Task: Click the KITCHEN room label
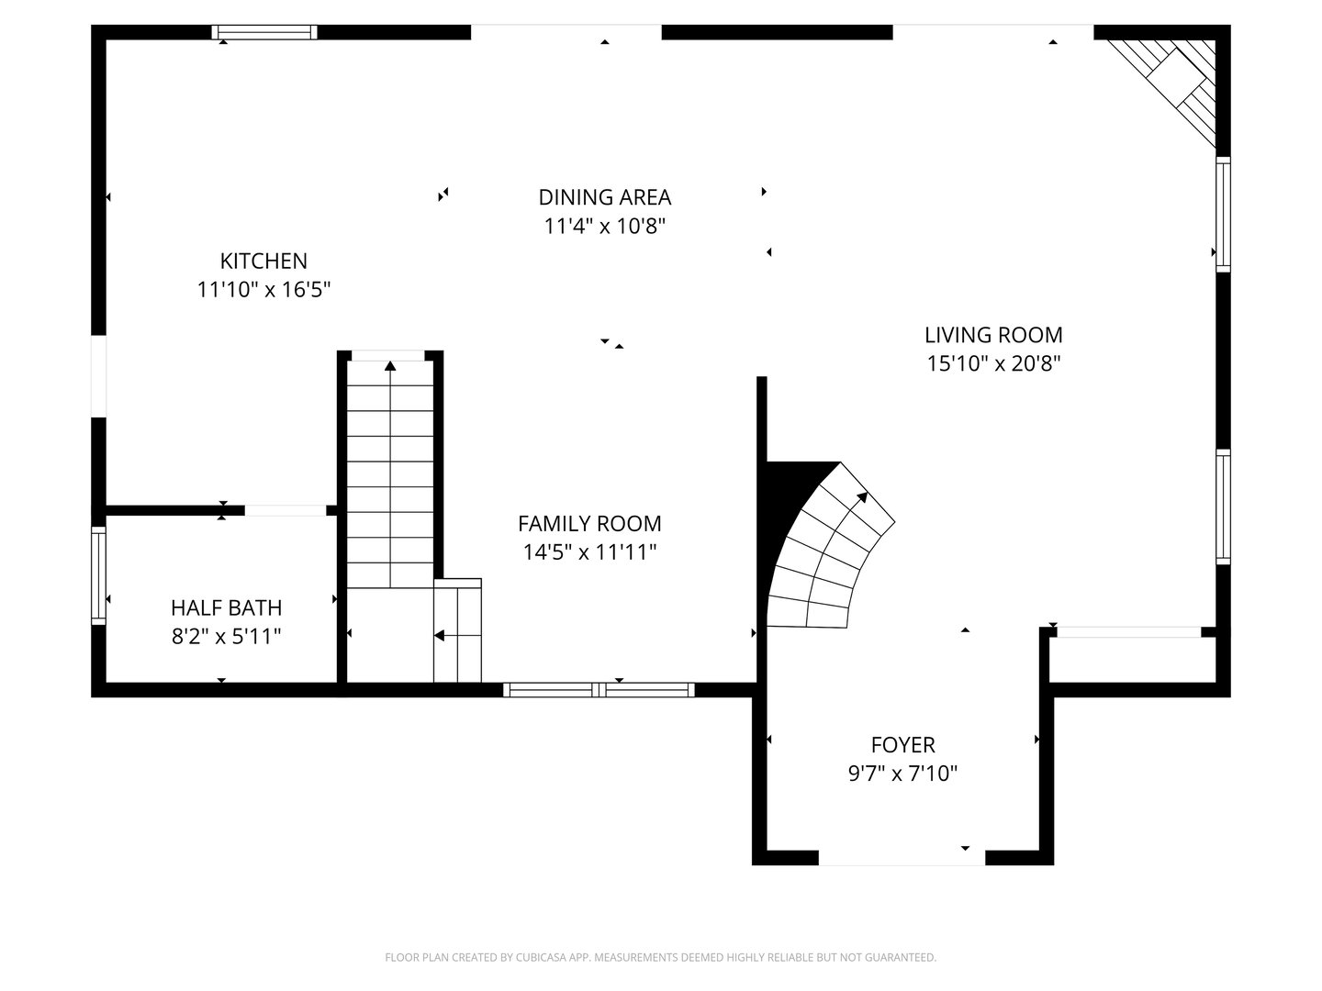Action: coord(263,261)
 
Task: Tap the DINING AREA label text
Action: coord(604,196)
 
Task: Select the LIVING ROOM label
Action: coord(993,335)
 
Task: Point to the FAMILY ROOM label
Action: coord(589,523)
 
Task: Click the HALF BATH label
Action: coord(226,607)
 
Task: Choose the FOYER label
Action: coord(902,745)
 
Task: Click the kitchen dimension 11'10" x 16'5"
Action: coord(263,290)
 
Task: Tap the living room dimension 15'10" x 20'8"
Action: coord(993,363)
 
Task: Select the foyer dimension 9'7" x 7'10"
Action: coord(902,774)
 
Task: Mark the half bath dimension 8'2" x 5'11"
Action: coord(226,636)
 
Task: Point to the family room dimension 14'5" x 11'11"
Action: coord(589,551)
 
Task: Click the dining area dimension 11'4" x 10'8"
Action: coord(604,226)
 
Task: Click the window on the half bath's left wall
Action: coord(98,575)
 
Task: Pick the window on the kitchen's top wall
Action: coord(264,32)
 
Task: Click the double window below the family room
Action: coord(599,690)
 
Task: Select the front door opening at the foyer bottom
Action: coord(901,858)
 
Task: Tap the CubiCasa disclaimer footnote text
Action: coord(660,957)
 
